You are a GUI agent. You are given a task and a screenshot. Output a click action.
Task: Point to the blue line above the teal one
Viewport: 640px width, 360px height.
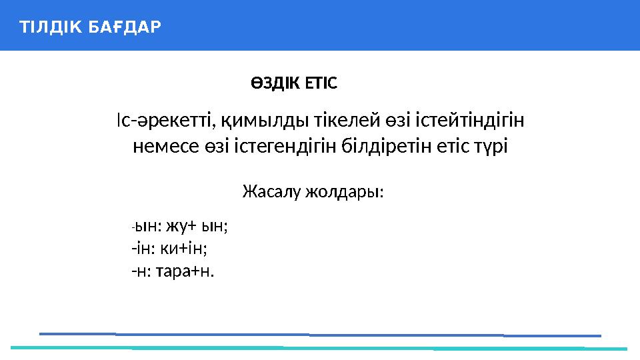click(320, 334)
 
